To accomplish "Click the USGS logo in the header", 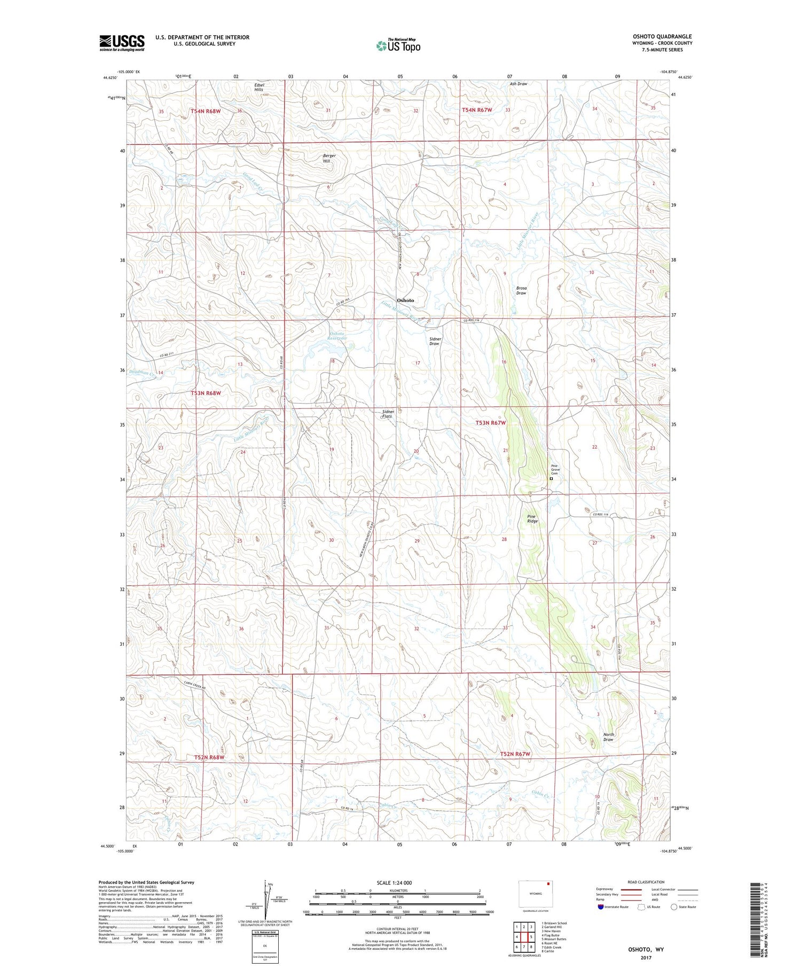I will pos(122,43).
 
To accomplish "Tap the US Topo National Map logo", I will pos(398,45).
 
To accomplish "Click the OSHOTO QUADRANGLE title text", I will pos(662,36).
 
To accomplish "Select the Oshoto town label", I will pos(405,300).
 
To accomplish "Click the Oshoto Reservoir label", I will pos(337,336).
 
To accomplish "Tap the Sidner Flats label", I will pos(388,414).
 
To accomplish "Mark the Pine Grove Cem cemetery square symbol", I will pos(551,479).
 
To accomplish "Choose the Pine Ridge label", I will pos(532,518).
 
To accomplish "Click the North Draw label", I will pos(608,737).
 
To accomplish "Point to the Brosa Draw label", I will pos(521,290).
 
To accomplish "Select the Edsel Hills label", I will pos(259,87).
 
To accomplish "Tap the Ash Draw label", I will pos(518,84).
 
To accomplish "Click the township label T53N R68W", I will pos(206,393).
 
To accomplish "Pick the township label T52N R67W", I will pos(515,754).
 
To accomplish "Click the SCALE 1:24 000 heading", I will pos(397,882).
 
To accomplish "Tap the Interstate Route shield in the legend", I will pos(601,906).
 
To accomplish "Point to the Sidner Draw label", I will pos(434,341).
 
